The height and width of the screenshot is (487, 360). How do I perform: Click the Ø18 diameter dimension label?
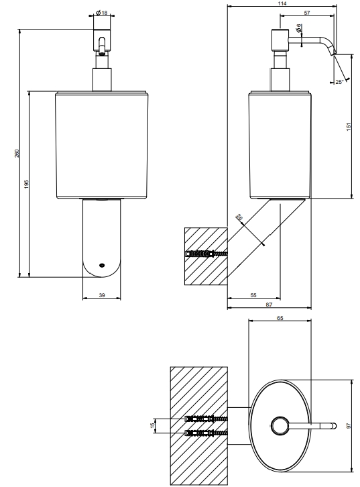coord(101,13)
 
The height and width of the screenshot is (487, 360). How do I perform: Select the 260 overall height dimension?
coord(17,153)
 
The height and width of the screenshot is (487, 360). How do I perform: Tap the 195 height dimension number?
coord(26,184)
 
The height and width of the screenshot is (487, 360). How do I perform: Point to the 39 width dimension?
coord(102,295)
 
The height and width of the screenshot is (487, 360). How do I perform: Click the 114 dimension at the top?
coord(282,3)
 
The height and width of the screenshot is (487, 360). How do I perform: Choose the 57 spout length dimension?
coord(307,13)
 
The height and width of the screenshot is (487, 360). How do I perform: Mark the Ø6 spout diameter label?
coord(298,28)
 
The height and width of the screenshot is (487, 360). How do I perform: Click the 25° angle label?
coord(339,82)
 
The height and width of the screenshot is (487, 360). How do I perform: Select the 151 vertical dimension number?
coord(349,126)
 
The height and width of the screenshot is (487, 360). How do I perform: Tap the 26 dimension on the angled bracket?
coord(239,217)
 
